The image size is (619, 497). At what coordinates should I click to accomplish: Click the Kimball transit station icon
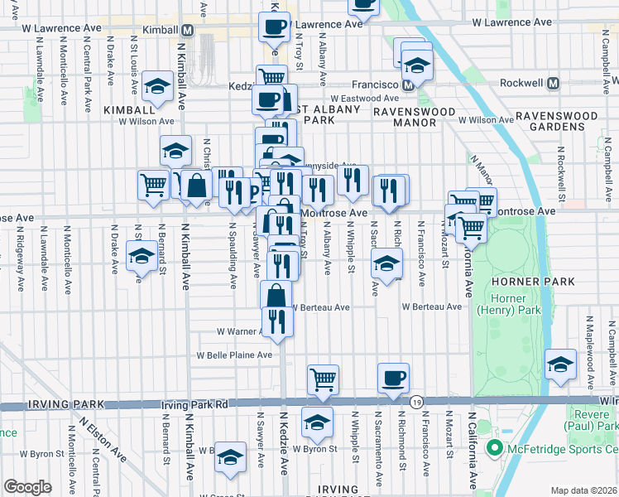(x=188, y=30)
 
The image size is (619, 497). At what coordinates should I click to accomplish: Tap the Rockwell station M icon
(x=554, y=84)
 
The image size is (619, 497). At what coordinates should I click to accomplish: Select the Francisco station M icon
(x=408, y=84)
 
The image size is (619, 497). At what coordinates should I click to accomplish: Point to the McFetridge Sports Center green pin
(x=495, y=450)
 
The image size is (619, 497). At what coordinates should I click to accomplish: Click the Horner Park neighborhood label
(x=543, y=282)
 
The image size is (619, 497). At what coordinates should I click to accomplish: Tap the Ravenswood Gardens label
(x=560, y=121)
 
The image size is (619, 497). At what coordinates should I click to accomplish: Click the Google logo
(x=27, y=487)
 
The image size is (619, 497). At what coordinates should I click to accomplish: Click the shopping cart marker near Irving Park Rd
(x=324, y=379)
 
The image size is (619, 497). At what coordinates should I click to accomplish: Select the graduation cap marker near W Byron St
(x=317, y=422)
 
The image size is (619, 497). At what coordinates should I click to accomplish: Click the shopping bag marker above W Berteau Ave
(x=276, y=295)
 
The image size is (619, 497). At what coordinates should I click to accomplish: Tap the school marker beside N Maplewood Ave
(x=560, y=364)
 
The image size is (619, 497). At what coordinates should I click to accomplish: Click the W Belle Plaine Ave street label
(x=233, y=355)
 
